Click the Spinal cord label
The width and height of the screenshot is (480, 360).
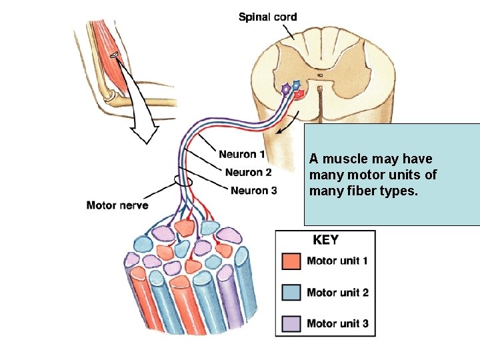click(x=268, y=17)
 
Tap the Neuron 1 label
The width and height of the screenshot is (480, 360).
click(x=242, y=155)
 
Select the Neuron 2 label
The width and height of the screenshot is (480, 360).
click(x=248, y=173)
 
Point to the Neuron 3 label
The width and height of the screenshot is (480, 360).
click(x=254, y=191)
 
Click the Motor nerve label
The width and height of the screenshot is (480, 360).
click(x=117, y=205)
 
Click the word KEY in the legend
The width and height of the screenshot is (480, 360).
click(x=325, y=241)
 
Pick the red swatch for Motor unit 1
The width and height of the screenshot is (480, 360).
click(x=292, y=261)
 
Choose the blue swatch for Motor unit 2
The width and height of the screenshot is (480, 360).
click(x=292, y=292)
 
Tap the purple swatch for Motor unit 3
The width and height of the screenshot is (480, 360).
click(x=292, y=323)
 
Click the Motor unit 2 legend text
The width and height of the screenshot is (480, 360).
click(x=337, y=292)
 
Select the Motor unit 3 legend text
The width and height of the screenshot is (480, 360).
click(x=337, y=323)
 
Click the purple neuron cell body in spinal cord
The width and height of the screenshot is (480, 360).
click(x=286, y=88)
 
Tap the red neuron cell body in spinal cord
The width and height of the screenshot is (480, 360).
click(x=300, y=94)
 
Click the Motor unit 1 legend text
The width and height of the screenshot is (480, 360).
click(x=337, y=261)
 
